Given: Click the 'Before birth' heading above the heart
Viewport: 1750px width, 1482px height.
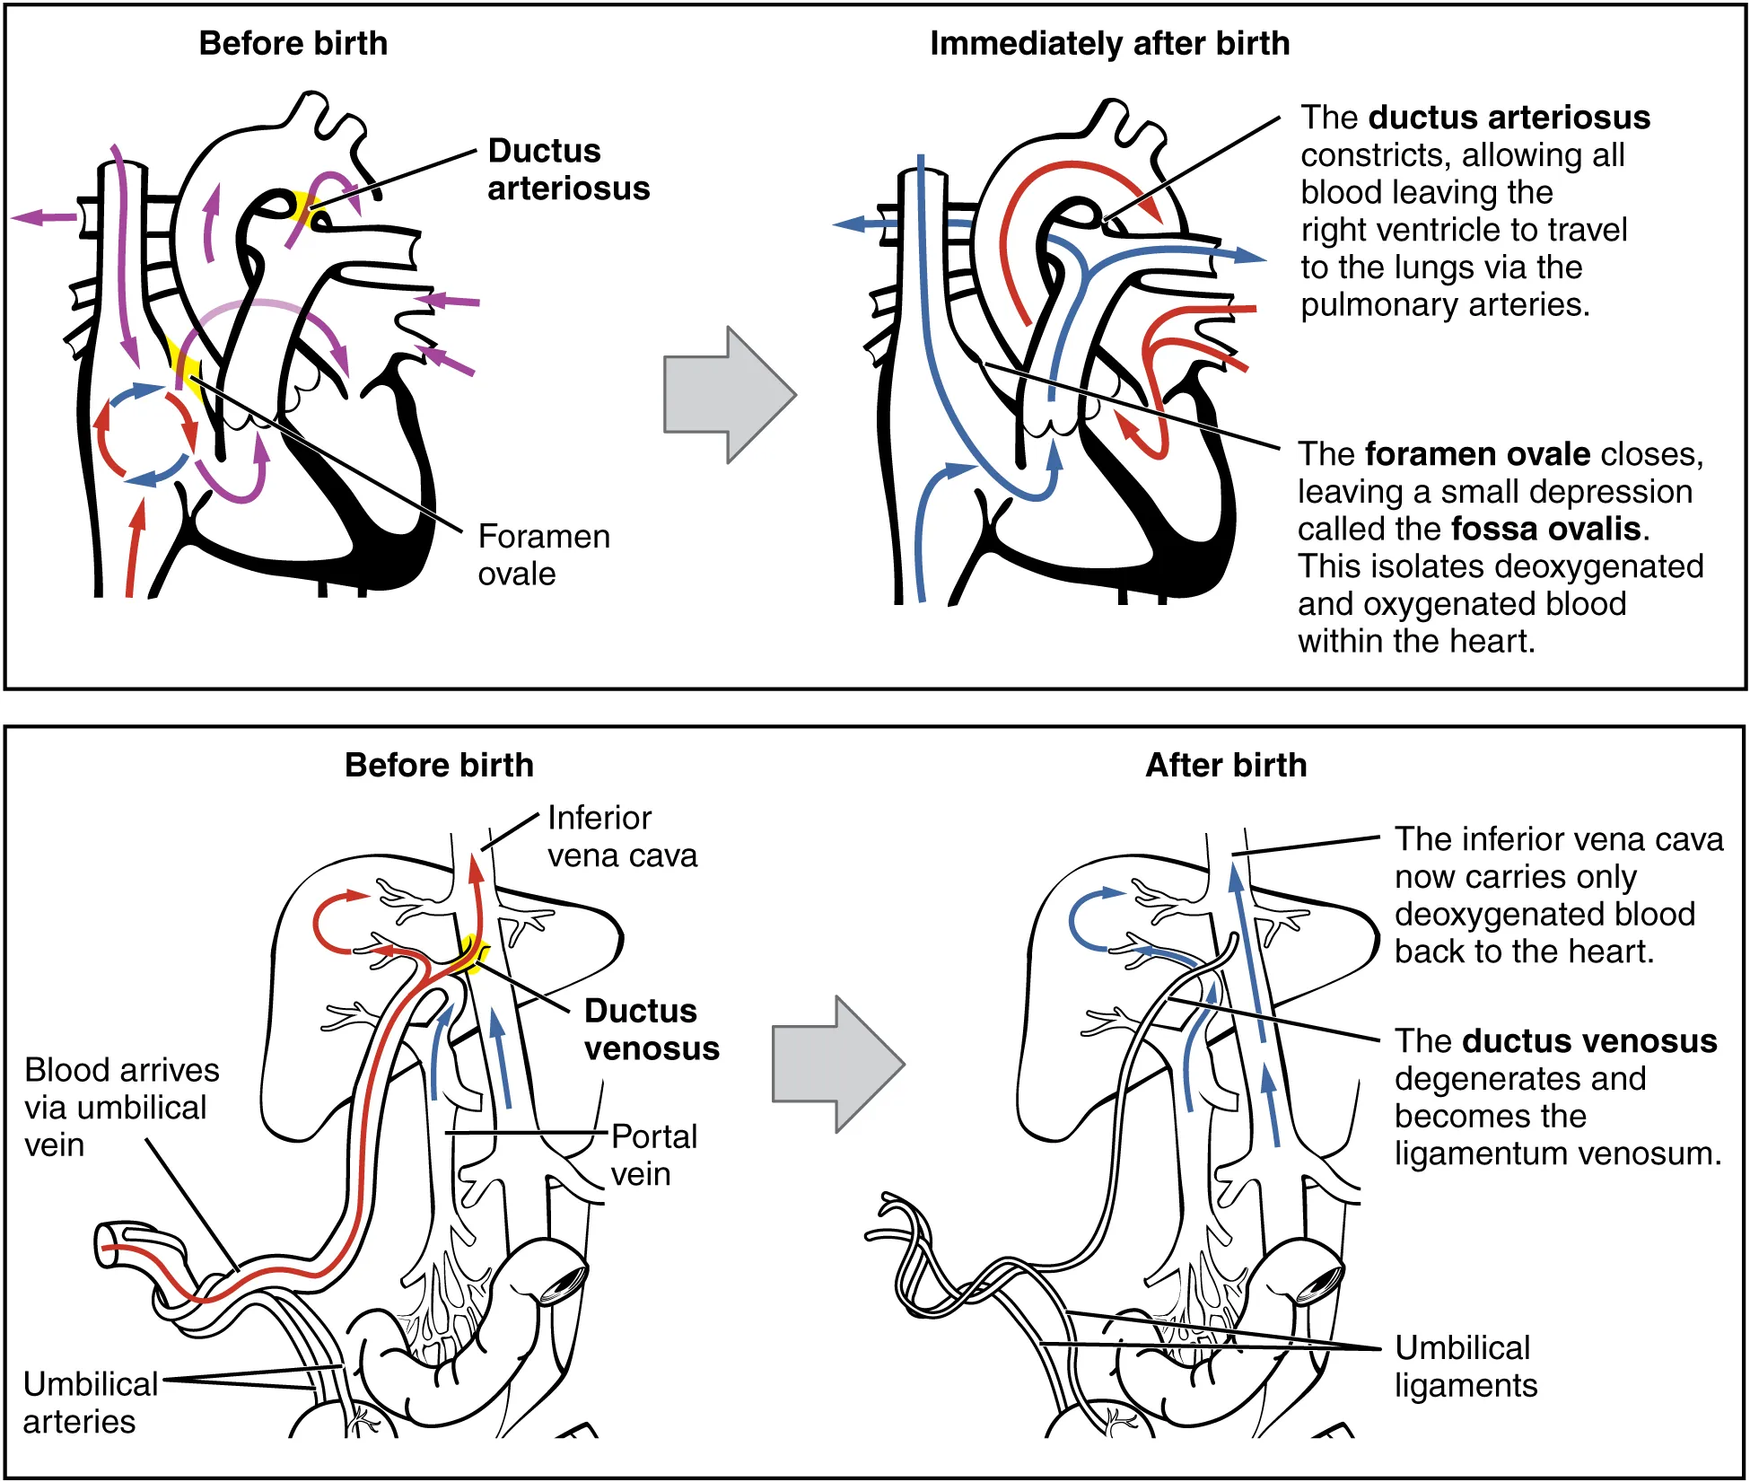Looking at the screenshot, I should coord(293,43).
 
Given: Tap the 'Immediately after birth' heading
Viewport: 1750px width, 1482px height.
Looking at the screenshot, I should coord(1109,43).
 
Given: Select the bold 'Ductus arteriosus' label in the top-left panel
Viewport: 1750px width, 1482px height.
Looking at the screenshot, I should coord(567,170).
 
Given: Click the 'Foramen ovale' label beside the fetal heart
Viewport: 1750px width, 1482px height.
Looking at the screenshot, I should coord(543,555).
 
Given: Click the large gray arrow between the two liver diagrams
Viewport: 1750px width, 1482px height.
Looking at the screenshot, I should coord(837,1065).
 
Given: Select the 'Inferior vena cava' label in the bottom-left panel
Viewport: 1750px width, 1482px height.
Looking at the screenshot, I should coord(621,837).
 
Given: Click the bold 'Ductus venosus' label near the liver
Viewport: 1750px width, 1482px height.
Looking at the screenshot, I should coord(651,1030).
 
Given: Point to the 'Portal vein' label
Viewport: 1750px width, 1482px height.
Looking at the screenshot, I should coord(653,1155).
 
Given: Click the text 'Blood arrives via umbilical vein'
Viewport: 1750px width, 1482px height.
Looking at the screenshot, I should coord(121,1108).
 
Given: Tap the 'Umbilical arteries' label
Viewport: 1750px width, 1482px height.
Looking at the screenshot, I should coord(90,1403).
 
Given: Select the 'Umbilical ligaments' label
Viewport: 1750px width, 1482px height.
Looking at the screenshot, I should coord(1465,1366).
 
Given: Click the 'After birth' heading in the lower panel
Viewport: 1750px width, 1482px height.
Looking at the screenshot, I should coord(1226,765).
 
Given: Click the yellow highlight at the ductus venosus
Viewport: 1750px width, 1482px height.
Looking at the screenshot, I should coord(470,953).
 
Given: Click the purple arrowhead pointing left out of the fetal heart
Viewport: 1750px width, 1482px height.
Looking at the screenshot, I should coord(27,217).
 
